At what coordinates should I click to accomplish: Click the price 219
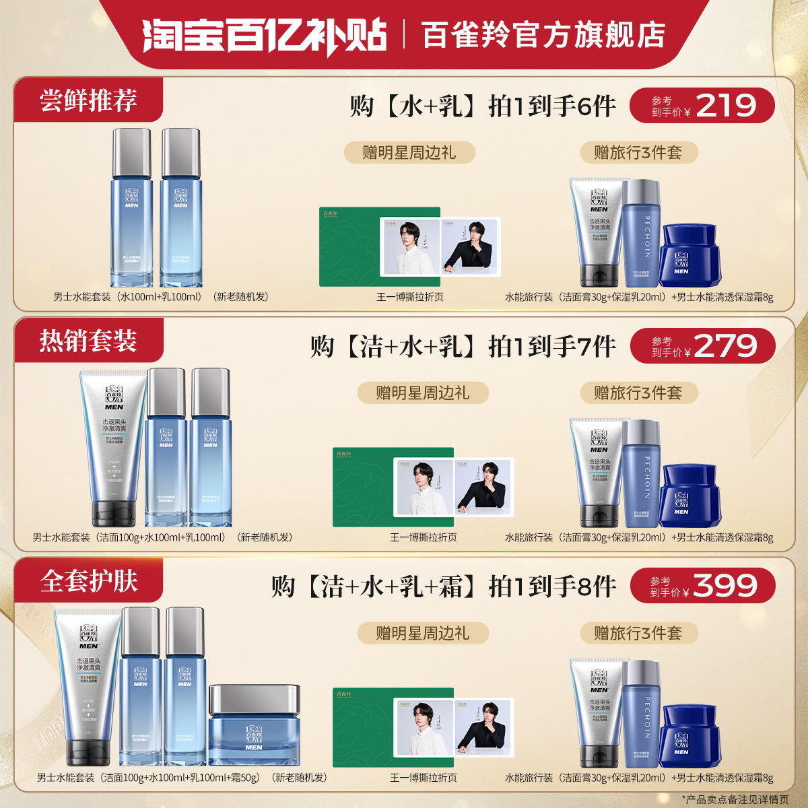point(726,106)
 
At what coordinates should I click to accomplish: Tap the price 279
point(725,346)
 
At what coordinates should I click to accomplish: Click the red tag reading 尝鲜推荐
point(88,100)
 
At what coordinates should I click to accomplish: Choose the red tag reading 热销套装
point(88,341)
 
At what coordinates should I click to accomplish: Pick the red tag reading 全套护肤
point(88,581)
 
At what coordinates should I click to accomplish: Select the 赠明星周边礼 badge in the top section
point(409,153)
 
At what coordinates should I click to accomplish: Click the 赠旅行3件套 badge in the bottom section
point(638,633)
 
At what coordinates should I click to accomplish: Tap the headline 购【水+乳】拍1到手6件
point(482,106)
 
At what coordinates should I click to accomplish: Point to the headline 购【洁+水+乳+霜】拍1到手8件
point(444,586)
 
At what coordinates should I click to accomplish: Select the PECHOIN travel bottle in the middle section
point(640,473)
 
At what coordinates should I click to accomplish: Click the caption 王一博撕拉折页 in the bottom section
point(424,778)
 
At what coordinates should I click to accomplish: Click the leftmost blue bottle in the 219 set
point(131,208)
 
